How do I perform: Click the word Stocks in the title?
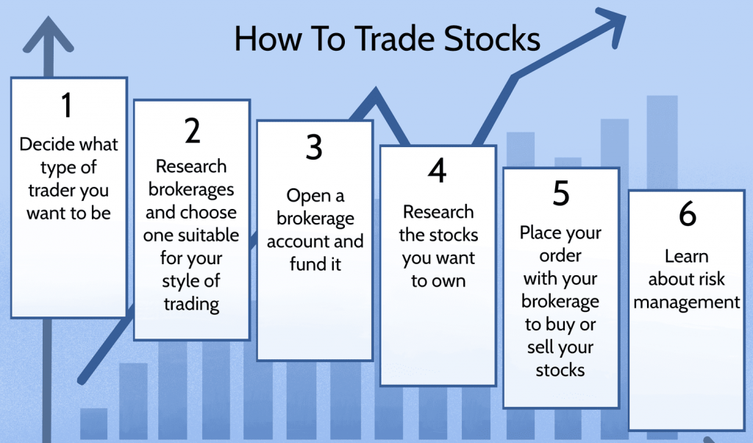click(492, 38)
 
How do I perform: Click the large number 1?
click(67, 105)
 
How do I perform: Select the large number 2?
click(193, 130)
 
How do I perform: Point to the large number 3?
click(314, 147)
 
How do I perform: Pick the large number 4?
click(437, 170)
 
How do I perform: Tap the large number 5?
click(561, 193)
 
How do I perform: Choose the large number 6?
click(688, 213)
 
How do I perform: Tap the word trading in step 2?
click(191, 305)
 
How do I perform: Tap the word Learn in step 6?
click(686, 256)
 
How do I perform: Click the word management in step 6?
click(687, 302)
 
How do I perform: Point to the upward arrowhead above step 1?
click(48, 35)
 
